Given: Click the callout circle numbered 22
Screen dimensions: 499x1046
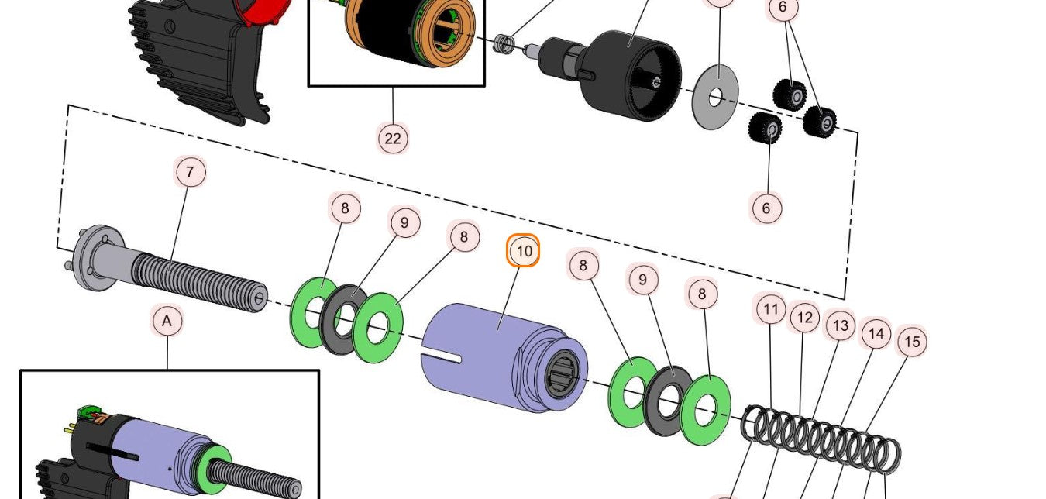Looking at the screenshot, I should [x=393, y=139].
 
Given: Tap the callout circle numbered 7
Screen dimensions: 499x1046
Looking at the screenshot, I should [x=191, y=171].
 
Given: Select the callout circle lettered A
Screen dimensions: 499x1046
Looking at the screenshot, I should [x=167, y=320].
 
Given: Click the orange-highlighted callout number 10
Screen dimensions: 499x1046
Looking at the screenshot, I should [x=524, y=251].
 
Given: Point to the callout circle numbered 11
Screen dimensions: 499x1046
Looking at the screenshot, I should [x=770, y=310].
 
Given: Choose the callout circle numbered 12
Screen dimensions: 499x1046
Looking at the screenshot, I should [x=804, y=317].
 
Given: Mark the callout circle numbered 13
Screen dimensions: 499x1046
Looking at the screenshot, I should [x=840, y=325].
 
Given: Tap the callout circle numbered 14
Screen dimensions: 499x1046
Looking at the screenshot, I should [x=876, y=333].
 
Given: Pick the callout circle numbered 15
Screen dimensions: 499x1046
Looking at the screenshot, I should [x=912, y=341].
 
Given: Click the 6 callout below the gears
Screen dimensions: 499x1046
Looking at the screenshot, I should [x=766, y=208].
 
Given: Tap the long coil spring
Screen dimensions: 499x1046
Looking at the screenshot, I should [x=821, y=438].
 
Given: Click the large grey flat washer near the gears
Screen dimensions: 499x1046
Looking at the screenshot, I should [x=715, y=98].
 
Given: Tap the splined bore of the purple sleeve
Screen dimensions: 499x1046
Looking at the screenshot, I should [x=563, y=373].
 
